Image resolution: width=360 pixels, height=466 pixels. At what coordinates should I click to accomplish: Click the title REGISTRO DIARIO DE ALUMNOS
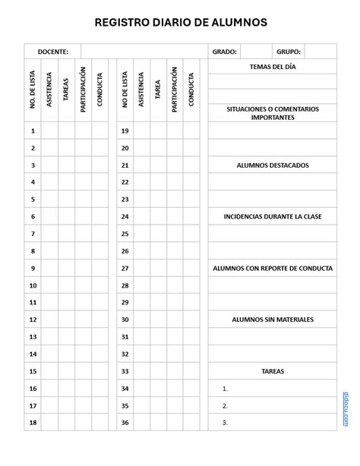pyautogui.click(x=180, y=23)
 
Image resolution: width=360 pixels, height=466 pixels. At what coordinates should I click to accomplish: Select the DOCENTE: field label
pyautogui.click(x=52, y=52)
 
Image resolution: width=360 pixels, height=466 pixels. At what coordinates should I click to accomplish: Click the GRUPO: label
pyautogui.click(x=289, y=52)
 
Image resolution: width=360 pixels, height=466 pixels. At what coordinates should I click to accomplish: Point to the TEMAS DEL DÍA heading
pyautogui.click(x=273, y=68)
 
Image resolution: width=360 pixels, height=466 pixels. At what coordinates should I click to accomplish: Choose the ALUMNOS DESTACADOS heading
pyautogui.click(x=273, y=165)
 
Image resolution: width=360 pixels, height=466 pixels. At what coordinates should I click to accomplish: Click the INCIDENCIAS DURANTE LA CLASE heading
pyautogui.click(x=273, y=216)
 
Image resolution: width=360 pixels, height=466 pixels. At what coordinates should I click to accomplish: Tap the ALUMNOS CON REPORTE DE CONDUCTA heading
pyautogui.click(x=273, y=268)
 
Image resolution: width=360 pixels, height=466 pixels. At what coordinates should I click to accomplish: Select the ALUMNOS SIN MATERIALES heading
pyautogui.click(x=273, y=320)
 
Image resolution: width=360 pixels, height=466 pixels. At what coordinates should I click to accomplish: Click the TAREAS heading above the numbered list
pyautogui.click(x=273, y=371)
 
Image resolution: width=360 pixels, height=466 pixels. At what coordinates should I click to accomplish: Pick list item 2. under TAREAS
pyautogui.click(x=226, y=406)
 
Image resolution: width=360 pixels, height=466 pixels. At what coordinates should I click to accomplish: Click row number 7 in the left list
pyautogui.click(x=33, y=234)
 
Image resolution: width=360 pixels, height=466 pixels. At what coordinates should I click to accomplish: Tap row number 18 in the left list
pyautogui.click(x=33, y=423)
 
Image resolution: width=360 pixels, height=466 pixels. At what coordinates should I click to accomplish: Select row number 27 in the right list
pyautogui.click(x=125, y=268)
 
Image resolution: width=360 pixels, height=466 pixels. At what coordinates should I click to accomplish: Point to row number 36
pyautogui.click(x=125, y=423)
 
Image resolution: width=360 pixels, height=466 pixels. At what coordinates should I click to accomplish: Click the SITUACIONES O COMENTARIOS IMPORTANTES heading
pyautogui.click(x=273, y=113)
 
